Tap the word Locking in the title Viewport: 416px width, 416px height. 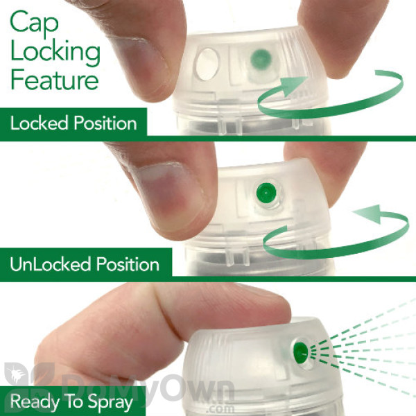click(55, 53)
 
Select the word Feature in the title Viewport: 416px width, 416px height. click(55, 79)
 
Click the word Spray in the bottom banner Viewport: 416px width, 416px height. click(110, 403)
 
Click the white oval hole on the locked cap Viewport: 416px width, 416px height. click(207, 64)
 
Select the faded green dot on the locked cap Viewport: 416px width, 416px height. click(261, 59)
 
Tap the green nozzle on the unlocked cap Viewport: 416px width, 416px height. click(266, 192)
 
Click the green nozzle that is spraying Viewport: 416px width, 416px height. click(301, 354)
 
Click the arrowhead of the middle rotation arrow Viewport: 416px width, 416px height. click(369, 214)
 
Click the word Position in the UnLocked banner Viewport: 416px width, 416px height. click(128, 264)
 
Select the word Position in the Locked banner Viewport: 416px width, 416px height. click(105, 123)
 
